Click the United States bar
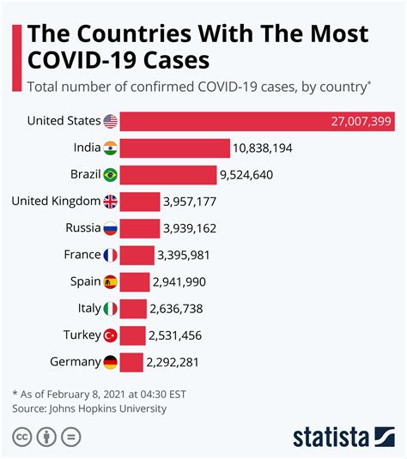pyautogui.click(x=256, y=121)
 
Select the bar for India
pyautogui.click(x=174, y=148)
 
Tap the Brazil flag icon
pyautogui.click(x=110, y=175)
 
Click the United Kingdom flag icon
pyautogui.click(x=110, y=202)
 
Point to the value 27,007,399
pyautogui.click(x=361, y=122)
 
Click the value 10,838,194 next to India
pyautogui.click(x=262, y=148)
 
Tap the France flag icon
pyautogui.click(x=110, y=255)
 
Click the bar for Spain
pyautogui.click(x=135, y=281)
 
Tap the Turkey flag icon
pyautogui.click(x=110, y=335)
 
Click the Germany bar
pyautogui.click(x=131, y=362)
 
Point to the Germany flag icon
pyautogui.click(x=110, y=362)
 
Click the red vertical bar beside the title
pyautogui.click(x=16, y=57)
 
